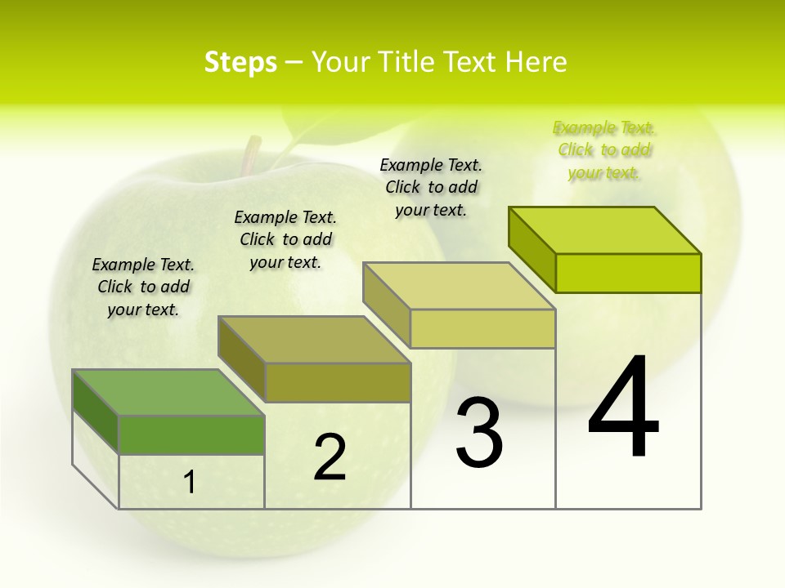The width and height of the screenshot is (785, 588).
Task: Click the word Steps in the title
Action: (x=240, y=62)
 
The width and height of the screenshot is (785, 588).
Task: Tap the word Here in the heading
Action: (x=536, y=62)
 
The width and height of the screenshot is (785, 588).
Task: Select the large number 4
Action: (x=623, y=408)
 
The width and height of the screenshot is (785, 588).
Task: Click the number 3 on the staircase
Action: (x=479, y=433)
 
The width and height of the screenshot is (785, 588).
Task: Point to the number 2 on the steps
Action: (x=330, y=457)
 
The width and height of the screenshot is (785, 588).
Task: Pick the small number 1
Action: (x=190, y=483)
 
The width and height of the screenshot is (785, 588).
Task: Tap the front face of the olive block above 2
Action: (x=338, y=382)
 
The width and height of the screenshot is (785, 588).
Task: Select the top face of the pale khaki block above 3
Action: (x=459, y=286)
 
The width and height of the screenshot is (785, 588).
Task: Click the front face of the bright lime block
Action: (x=628, y=273)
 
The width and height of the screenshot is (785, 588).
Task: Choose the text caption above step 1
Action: (x=143, y=287)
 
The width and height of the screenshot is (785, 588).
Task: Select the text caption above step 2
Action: (x=285, y=239)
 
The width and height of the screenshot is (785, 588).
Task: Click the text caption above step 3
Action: (x=431, y=187)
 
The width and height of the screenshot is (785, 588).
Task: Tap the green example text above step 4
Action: (x=604, y=149)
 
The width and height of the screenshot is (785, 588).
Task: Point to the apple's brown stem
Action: (x=251, y=156)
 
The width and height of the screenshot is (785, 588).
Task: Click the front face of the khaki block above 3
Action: (x=482, y=329)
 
